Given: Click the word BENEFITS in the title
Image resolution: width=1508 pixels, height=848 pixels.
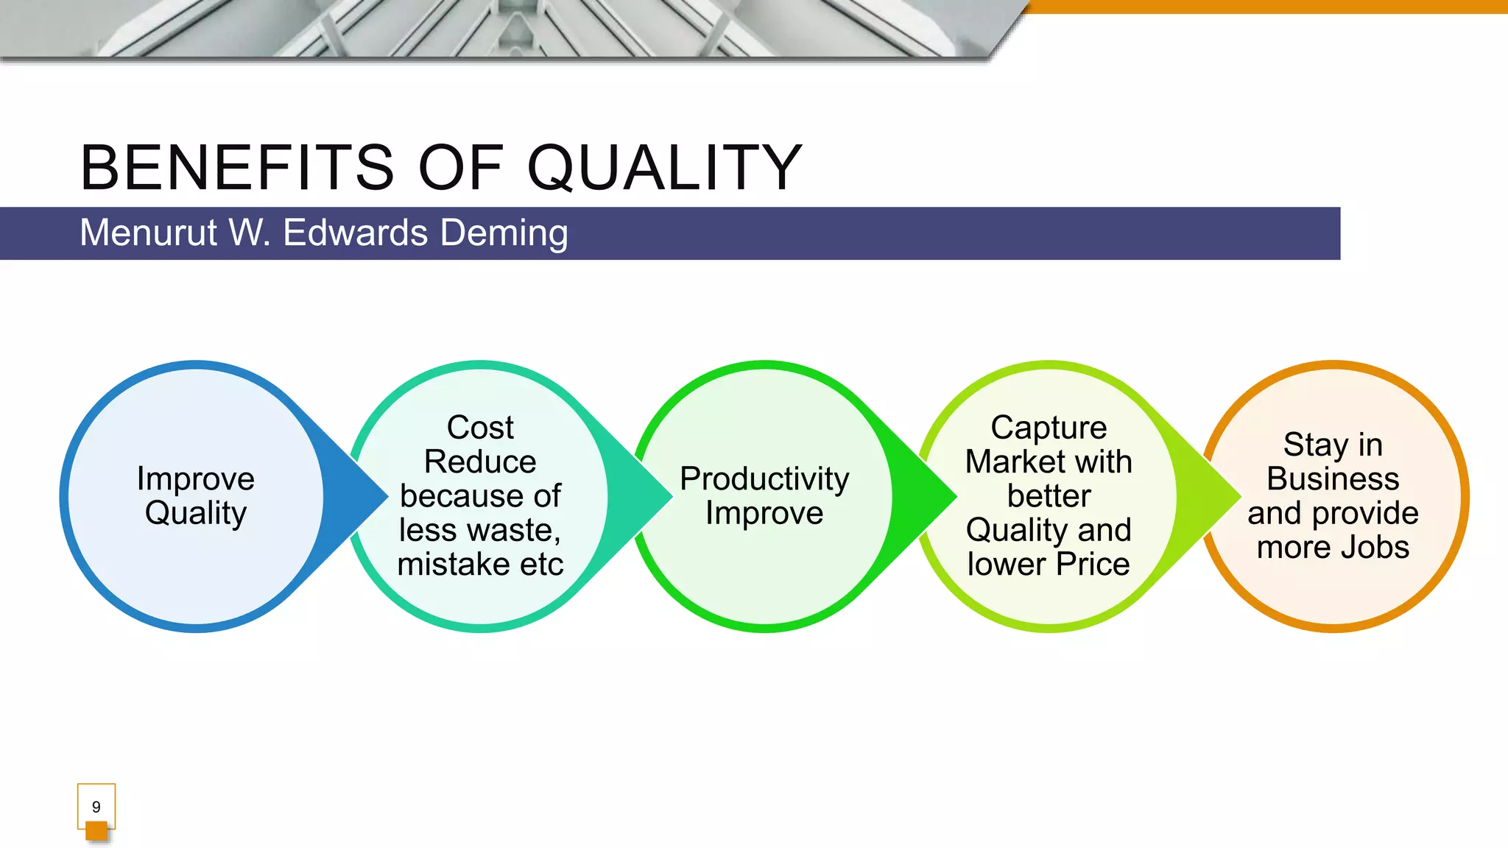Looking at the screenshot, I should [x=237, y=168].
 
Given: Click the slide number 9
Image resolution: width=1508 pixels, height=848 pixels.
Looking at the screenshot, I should [x=96, y=807].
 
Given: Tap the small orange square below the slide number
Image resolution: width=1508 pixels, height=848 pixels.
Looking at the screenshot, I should [x=96, y=831].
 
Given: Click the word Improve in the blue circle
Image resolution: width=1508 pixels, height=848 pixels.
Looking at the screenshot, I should [x=196, y=478].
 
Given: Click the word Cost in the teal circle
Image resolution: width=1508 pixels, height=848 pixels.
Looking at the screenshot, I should [x=480, y=428].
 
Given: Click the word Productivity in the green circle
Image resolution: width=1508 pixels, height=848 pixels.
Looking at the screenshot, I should [x=764, y=478].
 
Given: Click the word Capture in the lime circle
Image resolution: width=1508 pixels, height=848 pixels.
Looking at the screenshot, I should [x=1049, y=428].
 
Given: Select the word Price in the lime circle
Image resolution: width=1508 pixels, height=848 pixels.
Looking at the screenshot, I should [x=1093, y=565].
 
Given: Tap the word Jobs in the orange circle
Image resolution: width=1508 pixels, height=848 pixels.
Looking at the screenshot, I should [x=1374, y=548].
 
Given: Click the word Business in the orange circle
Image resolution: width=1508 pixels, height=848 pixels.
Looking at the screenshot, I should [x=1333, y=479].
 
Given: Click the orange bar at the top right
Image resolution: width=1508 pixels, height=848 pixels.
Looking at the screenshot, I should [x=1266, y=6].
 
